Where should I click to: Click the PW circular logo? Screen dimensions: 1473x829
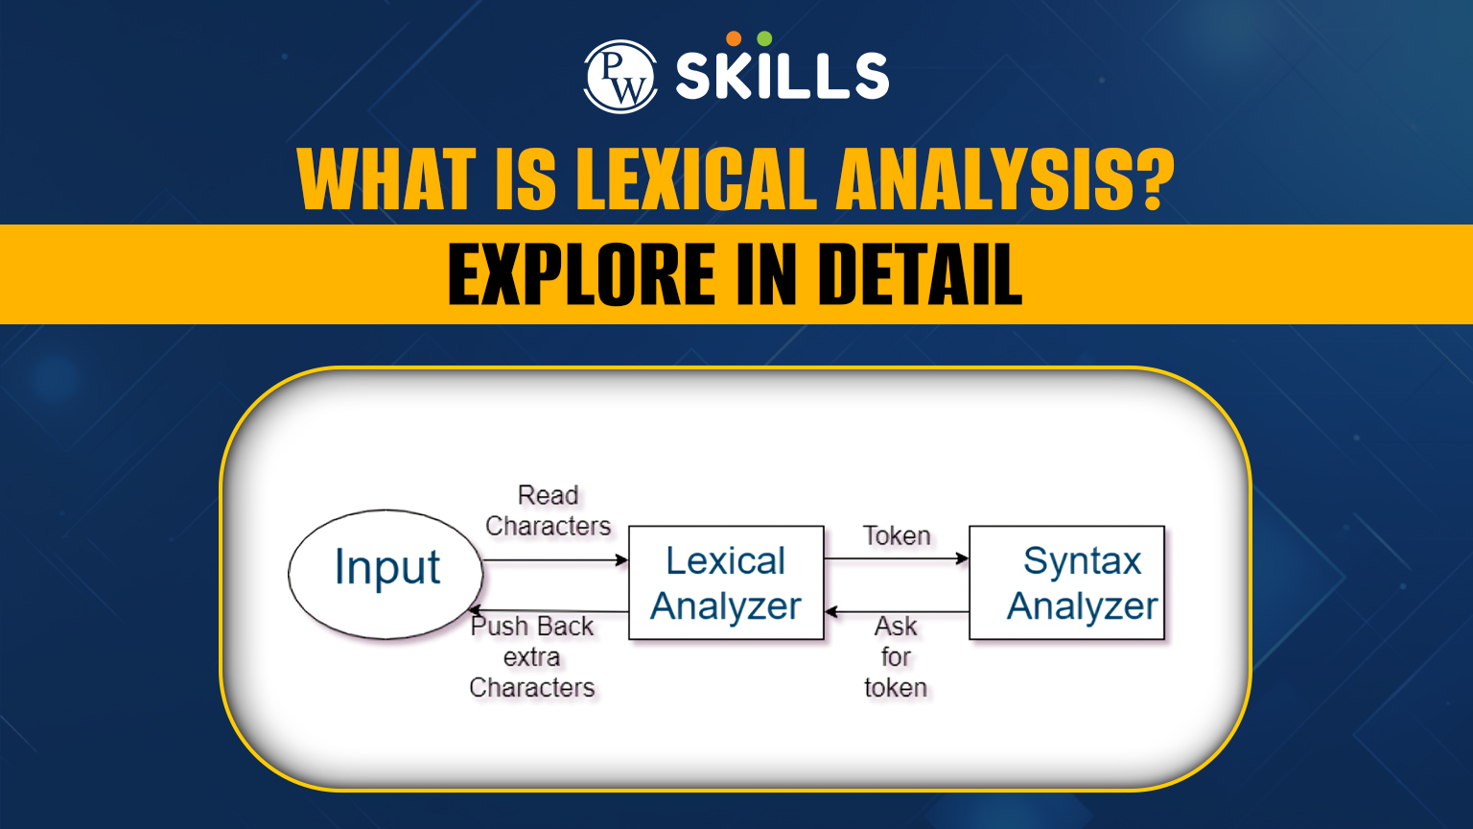620,77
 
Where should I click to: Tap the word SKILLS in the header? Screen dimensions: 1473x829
783,77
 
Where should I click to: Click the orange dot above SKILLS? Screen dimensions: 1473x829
734,38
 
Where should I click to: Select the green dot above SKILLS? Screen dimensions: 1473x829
764,38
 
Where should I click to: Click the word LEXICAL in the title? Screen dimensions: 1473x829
696,178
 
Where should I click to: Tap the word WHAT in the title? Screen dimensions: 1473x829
386,178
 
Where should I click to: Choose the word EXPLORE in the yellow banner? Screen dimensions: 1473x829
580,273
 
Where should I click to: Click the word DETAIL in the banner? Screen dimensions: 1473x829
920,273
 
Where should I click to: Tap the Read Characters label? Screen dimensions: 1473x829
548,510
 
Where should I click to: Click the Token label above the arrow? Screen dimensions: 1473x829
897,535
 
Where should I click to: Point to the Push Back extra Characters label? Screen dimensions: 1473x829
532,656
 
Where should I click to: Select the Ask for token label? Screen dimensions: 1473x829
896,656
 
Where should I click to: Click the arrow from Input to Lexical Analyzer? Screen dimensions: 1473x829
555,560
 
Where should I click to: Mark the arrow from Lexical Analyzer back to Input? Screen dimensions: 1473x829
549,611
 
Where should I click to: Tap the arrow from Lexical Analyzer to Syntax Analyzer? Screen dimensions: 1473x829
897,558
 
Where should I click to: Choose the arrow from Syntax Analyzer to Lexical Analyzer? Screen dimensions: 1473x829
897,612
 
